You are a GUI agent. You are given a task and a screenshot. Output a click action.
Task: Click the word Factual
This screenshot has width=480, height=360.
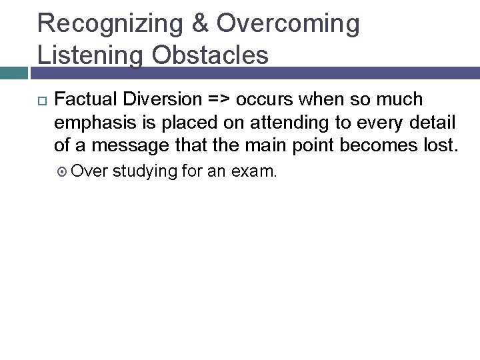[85, 100]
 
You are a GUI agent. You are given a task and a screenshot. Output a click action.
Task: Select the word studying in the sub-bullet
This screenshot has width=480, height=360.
[147, 172]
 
